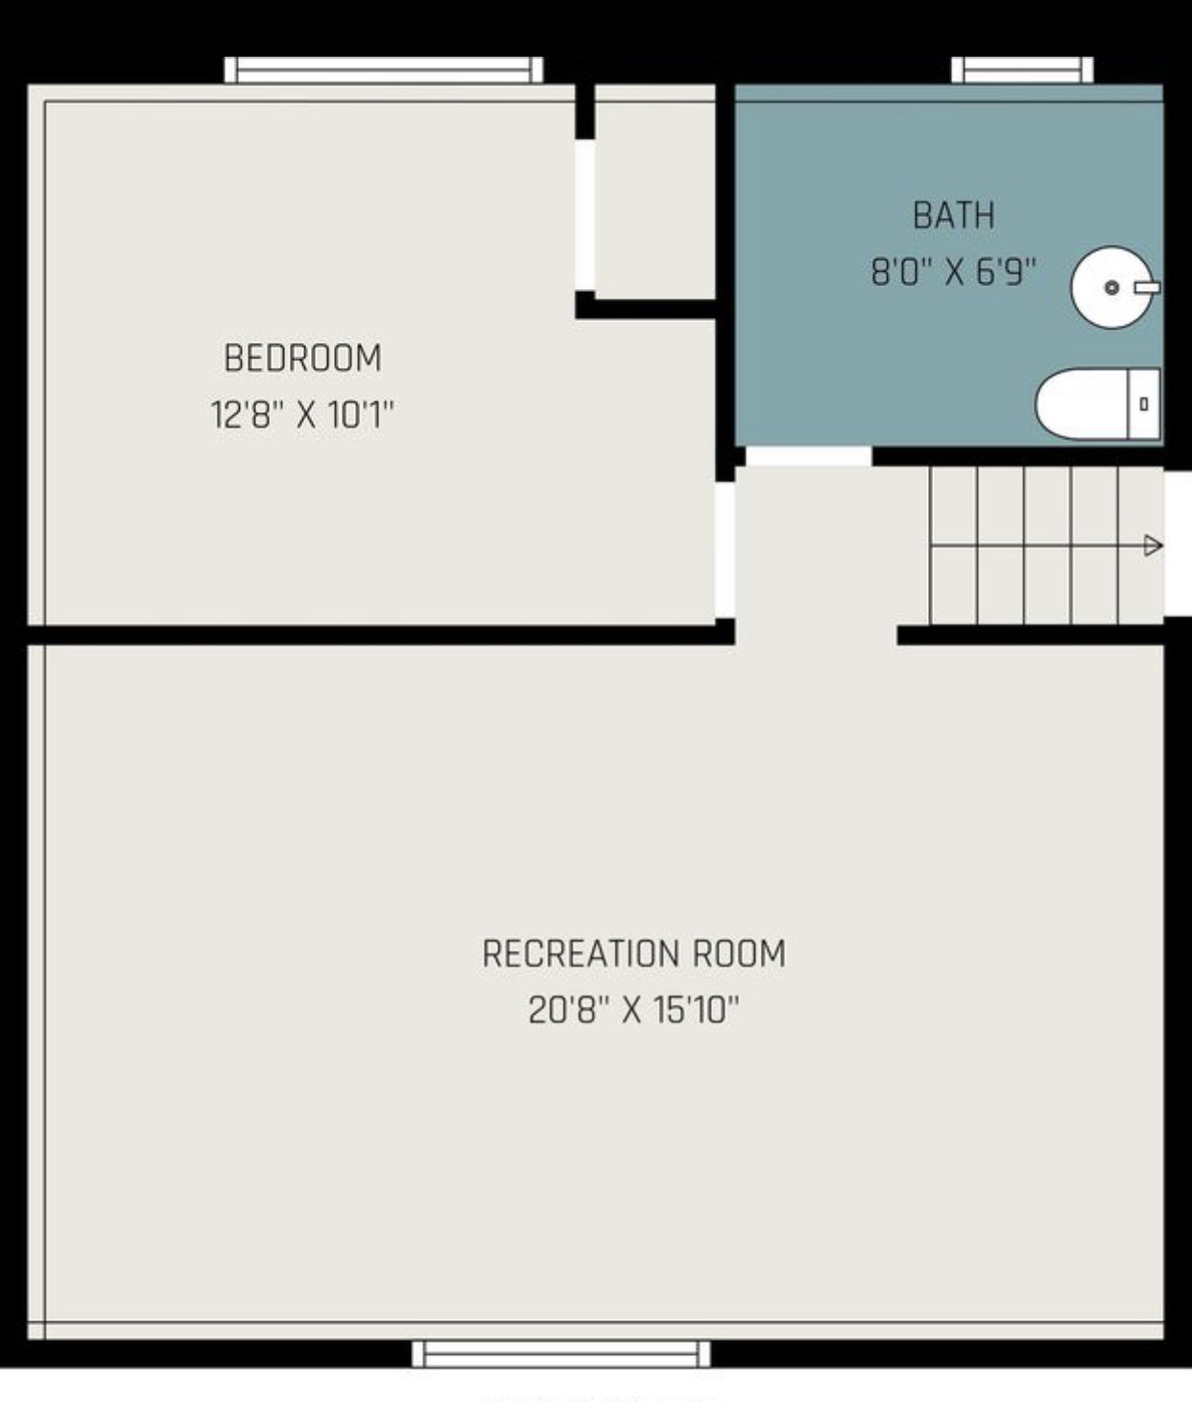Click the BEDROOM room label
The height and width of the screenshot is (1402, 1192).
coord(302,358)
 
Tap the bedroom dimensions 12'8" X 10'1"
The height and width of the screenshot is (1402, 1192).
coord(302,415)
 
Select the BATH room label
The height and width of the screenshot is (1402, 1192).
coord(953,215)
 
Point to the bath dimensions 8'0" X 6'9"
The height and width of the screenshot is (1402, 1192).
coord(953,272)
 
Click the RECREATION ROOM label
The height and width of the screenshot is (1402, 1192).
coord(633,954)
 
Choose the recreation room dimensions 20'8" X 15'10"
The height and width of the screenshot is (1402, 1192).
coord(633,1010)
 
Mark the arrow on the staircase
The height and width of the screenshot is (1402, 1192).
coord(1153,546)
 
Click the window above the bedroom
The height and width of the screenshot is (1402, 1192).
coord(384,70)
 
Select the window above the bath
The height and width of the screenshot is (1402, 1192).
coord(1022,70)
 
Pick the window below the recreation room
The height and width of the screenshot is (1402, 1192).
coord(561,1354)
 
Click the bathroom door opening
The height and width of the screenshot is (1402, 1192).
coord(808,456)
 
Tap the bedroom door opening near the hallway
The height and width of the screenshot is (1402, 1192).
coord(725,549)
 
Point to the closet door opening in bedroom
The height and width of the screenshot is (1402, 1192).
coord(584,215)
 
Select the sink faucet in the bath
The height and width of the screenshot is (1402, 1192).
coord(1147,287)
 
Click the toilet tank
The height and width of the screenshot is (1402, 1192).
coord(1143,404)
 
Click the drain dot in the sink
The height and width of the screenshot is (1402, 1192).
coord(1111,287)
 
